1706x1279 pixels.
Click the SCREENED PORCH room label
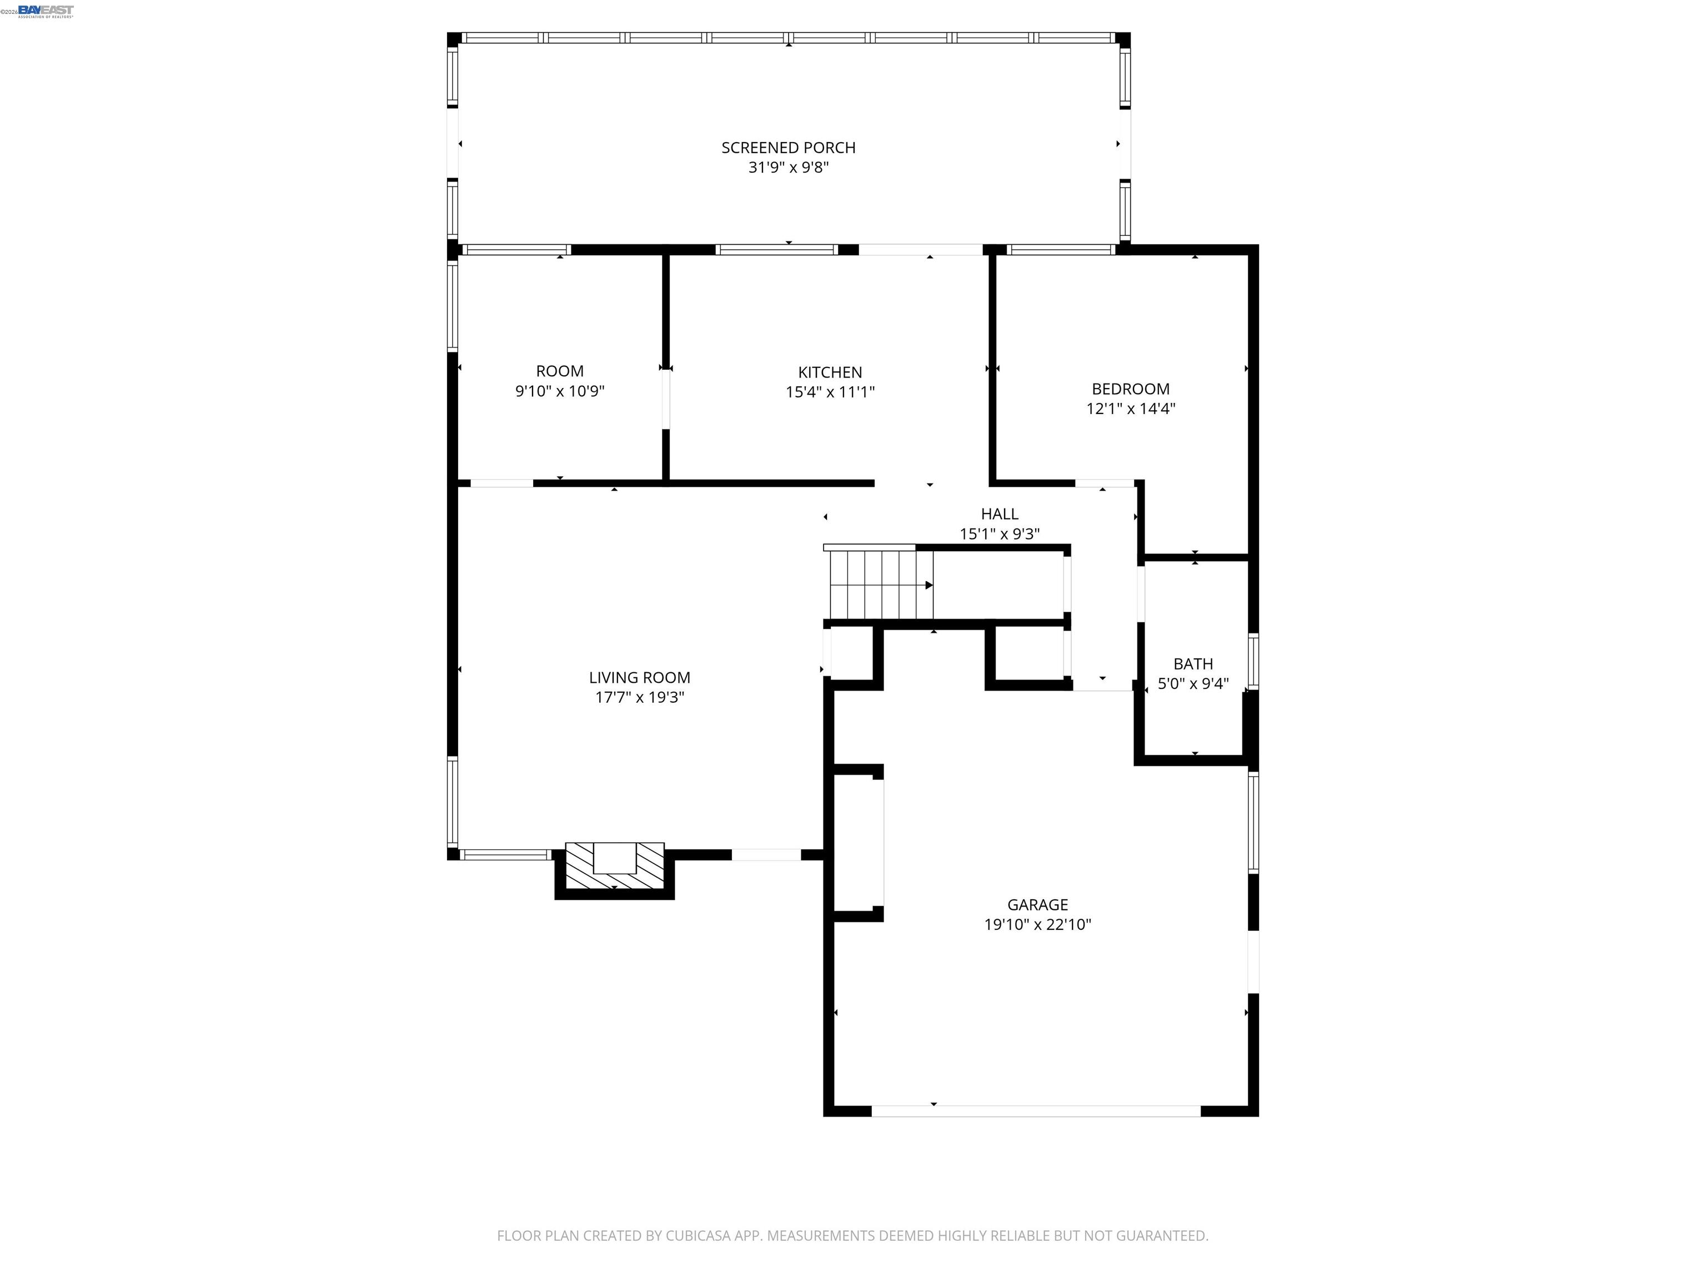tap(788, 147)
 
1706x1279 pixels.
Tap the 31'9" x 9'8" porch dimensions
tap(788, 167)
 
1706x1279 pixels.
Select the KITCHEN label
tap(830, 372)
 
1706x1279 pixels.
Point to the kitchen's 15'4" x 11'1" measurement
tap(830, 392)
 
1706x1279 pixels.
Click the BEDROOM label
tap(1131, 389)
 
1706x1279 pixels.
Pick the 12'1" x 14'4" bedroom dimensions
tap(1131, 409)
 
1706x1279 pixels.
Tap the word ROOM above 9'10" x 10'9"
tap(560, 371)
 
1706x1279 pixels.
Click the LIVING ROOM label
tap(639, 678)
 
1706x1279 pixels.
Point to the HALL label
tap(1000, 514)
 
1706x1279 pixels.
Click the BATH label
tap(1193, 664)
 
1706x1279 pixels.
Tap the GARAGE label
tap(1037, 904)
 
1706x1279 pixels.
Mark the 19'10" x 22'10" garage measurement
tap(1037, 924)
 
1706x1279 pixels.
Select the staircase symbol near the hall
tap(879, 585)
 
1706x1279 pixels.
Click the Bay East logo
tap(46, 11)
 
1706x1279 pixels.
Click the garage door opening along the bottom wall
tap(1036, 1111)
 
